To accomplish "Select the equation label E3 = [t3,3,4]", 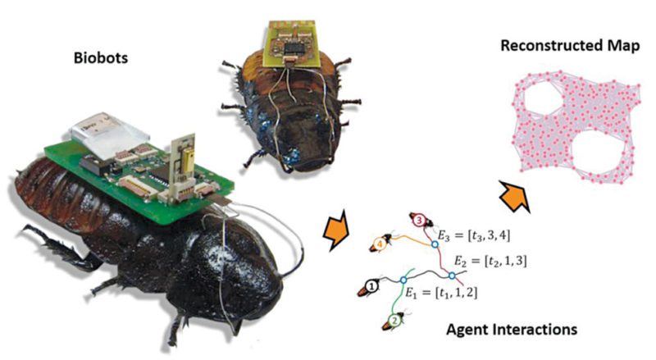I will pyautogui.click(x=474, y=235).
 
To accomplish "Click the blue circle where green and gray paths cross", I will pyautogui.click(x=403, y=280).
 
